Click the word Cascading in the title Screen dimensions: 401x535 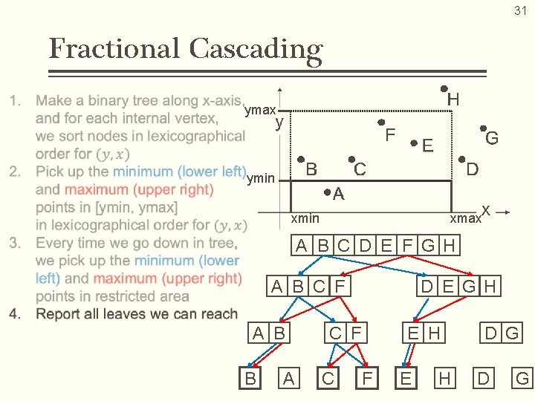click(x=256, y=50)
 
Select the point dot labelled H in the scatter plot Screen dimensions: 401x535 click(x=444, y=87)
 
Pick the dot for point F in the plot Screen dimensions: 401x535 click(x=380, y=123)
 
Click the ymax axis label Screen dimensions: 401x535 click(x=259, y=111)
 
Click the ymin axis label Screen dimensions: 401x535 click(x=260, y=177)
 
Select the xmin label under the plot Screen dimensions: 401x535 click(x=305, y=218)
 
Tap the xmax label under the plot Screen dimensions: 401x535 click(x=464, y=219)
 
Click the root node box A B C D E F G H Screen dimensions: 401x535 click(x=376, y=245)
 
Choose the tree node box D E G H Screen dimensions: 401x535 click(x=458, y=286)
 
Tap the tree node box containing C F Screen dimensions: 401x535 click(x=345, y=333)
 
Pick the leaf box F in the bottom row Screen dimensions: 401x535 click(x=366, y=379)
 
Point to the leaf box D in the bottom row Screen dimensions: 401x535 click(x=483, y=379)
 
